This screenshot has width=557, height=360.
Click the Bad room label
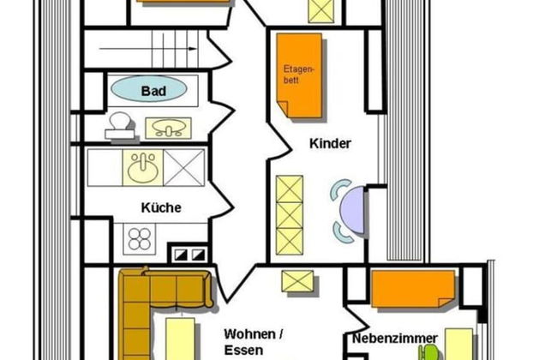(x=153, y=91)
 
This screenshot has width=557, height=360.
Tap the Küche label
(x=161, y=207)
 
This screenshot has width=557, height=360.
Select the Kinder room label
(x=330, y=144)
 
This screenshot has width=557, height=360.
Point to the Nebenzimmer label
(x=395, y=338)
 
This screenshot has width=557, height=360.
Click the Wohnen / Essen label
(x=254, y=342)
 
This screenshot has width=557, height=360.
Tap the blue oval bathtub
(x=149, y=89)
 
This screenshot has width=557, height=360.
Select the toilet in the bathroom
(x=120, y=125)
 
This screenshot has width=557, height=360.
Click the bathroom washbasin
(x=168, y=128)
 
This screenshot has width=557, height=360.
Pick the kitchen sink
(x=143, y=168)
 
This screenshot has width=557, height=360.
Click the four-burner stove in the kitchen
(x=139, y=239)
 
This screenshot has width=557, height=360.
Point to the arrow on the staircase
(x=147, y=49)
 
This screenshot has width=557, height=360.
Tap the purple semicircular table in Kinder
(x=352, y=210)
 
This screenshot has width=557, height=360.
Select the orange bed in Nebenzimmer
(x=413, y=289)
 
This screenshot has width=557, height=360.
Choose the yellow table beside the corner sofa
(x=180, y=339)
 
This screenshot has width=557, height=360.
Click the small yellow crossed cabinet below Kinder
(x=297, y=281)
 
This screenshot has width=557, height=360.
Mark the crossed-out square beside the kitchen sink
(x=184, y=168)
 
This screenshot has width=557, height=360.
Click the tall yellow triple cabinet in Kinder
(x=290, y=215)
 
